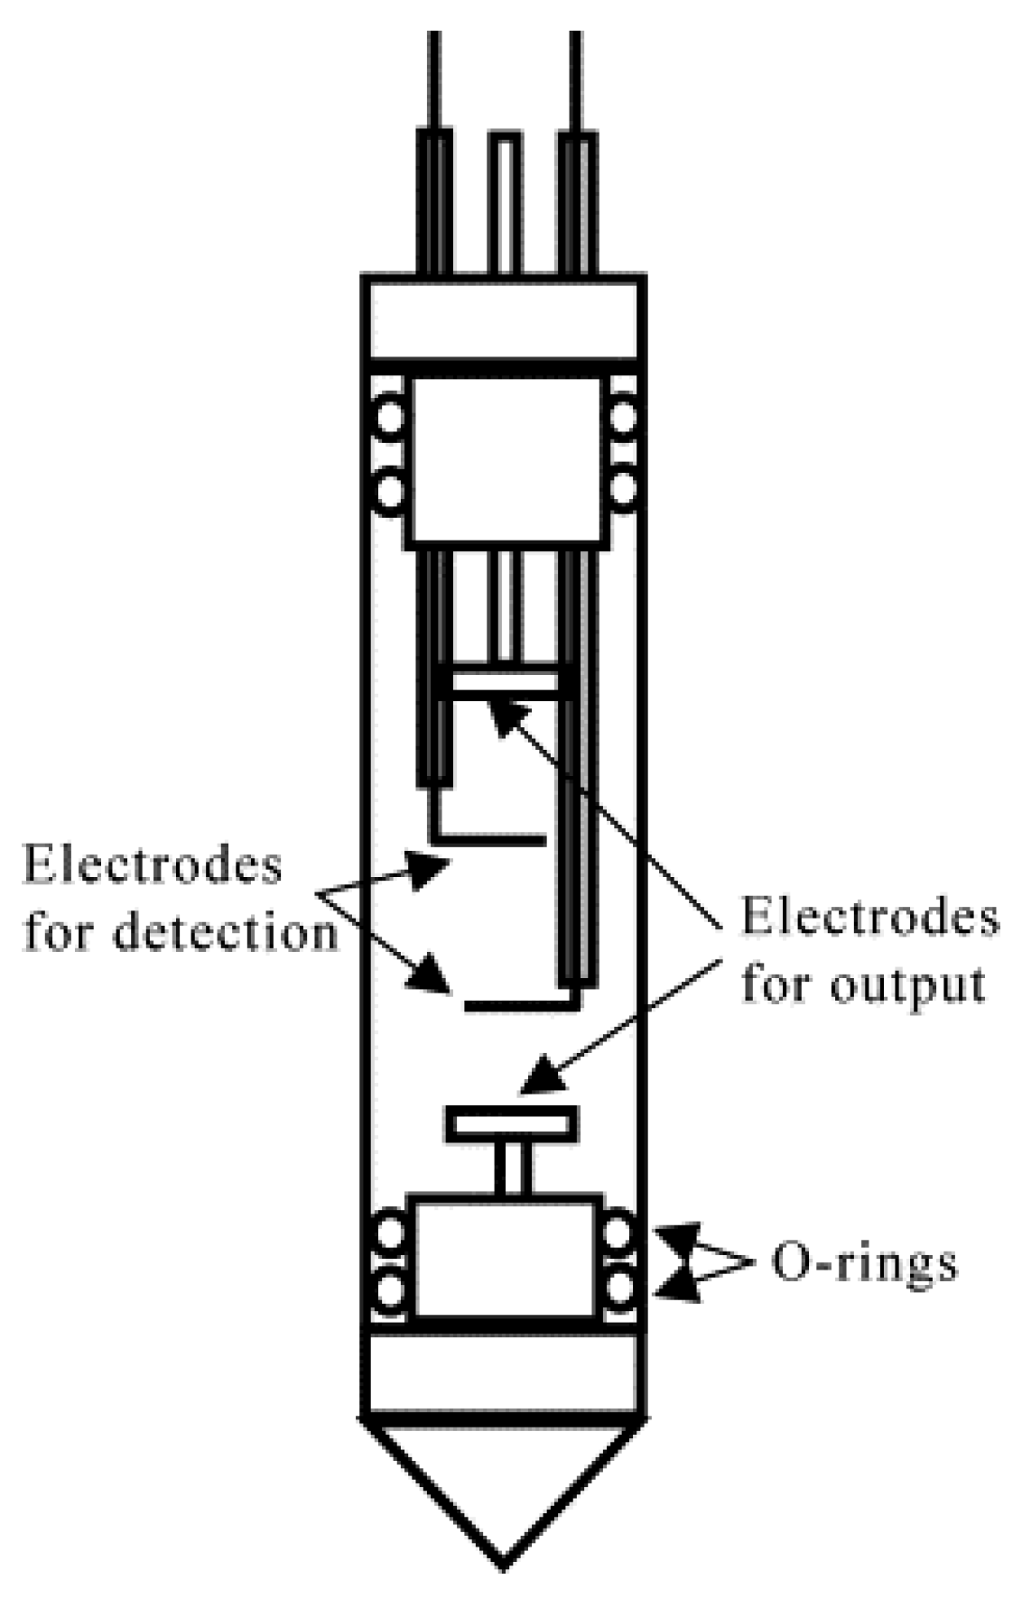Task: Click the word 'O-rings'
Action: (x=863, y=1263)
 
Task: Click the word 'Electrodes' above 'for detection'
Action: (x=152, y=864)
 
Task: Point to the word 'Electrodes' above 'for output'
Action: (x=869, y=919)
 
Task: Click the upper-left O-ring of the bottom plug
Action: (x=390, y=1233)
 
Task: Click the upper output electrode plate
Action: (x=505, y=682)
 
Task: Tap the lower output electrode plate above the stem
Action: (x=511, y=1124)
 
